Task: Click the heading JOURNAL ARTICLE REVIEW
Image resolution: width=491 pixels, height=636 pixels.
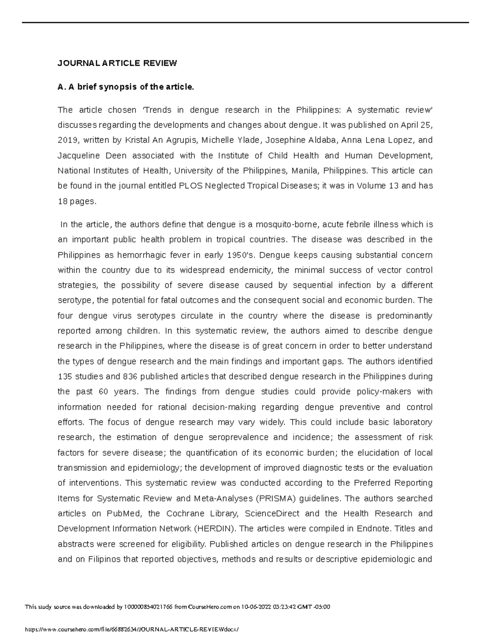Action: tap(117, 63)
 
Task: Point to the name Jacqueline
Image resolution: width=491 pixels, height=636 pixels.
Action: tap(78, 156)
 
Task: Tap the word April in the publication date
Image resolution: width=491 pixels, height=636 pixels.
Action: tap(410, 125)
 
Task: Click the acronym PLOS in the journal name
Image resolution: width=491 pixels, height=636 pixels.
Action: tap(191, 186)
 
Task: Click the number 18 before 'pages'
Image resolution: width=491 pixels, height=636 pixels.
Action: tap(63, 201)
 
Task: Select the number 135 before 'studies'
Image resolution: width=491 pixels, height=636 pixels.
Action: tap(65, 377)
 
